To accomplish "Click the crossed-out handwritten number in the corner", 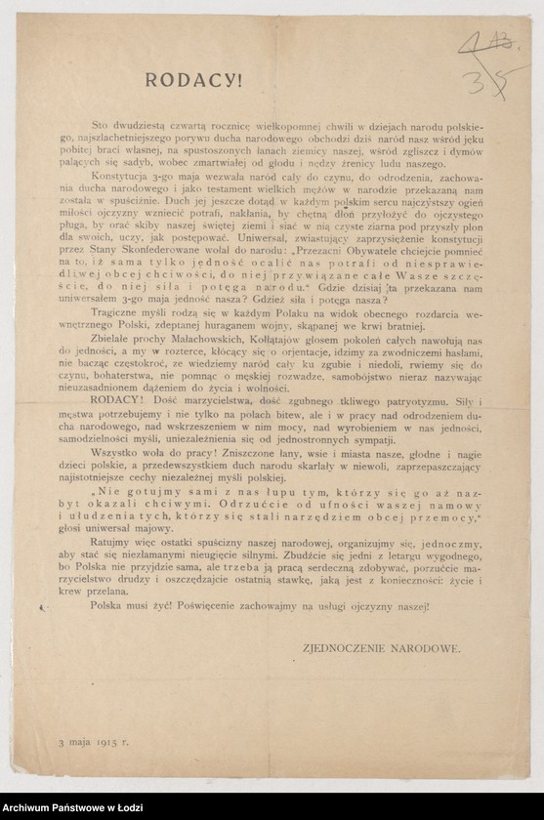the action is coord(484,43).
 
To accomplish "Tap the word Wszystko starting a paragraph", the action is coord(141,480).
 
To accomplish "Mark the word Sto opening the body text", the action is coord(126,126).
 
